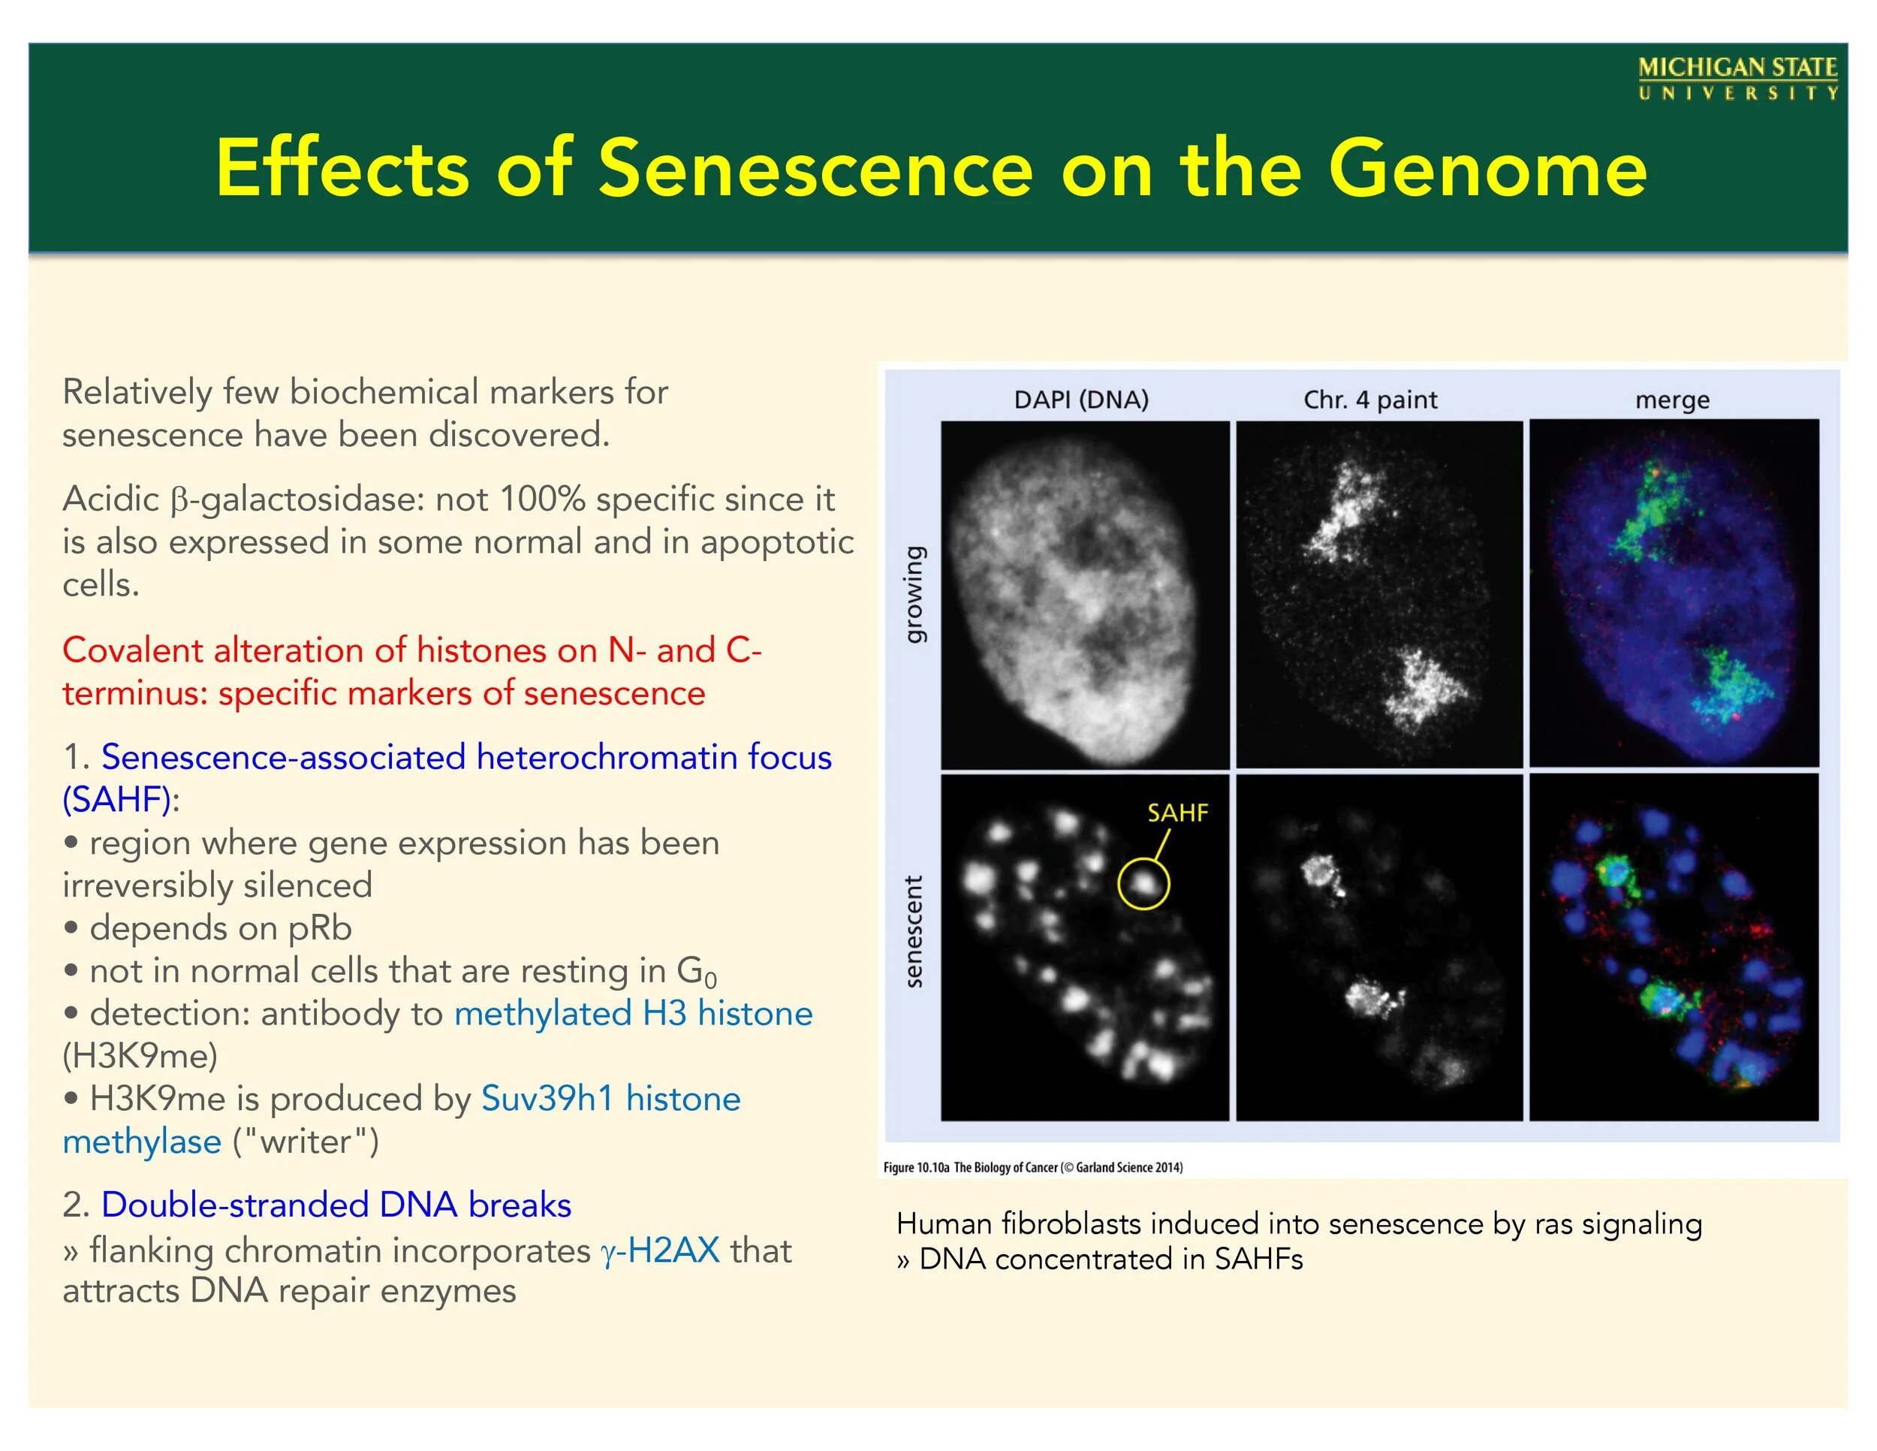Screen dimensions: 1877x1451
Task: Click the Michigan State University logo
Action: [x=1738, y=79]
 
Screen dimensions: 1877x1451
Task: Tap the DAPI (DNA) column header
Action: [x=1081, y=400]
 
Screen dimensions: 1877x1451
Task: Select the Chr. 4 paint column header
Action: [x=1370, y=400]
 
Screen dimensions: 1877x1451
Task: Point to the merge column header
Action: [x=1673, y=400]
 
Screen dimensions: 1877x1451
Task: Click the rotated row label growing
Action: [x=914, y=594]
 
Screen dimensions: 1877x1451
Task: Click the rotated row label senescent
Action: [x=914, y=932]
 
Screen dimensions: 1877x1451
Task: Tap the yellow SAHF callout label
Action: [x=1177, y=813]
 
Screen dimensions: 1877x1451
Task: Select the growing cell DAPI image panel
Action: [x=1086, y=595]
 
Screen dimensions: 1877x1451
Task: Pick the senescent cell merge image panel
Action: [x=1674, y=947]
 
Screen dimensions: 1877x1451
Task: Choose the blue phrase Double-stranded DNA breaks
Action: [x=336, y=1205]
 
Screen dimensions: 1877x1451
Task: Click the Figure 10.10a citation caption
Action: [x=1033, y=1167]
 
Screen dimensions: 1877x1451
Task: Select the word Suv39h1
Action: [x=547, y=1099]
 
